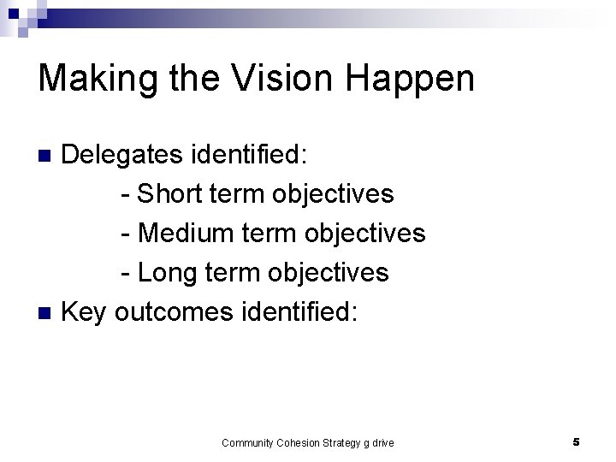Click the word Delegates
[122, 155]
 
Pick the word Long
[167, 273]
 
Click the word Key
[86, 312]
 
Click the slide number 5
[576, 442]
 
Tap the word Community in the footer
[246, 442]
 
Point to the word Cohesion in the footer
[299, 442]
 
